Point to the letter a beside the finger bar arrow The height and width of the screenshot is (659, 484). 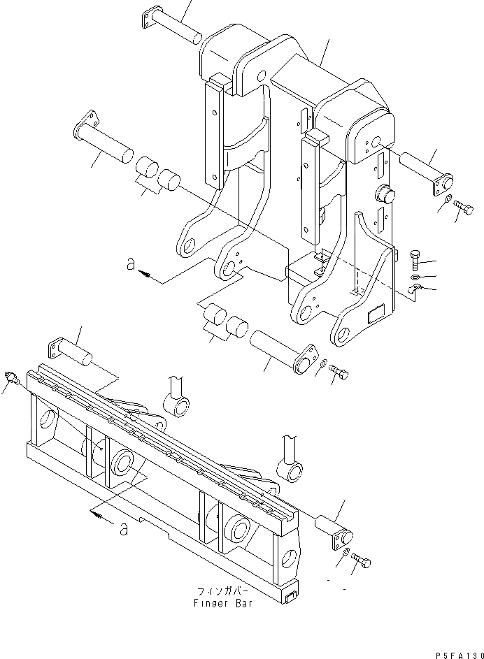[x=124, y=529]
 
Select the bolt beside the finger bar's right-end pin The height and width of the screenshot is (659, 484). [x=362, y=562]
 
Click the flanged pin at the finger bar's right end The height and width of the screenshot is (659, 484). [x=334, y=528]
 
